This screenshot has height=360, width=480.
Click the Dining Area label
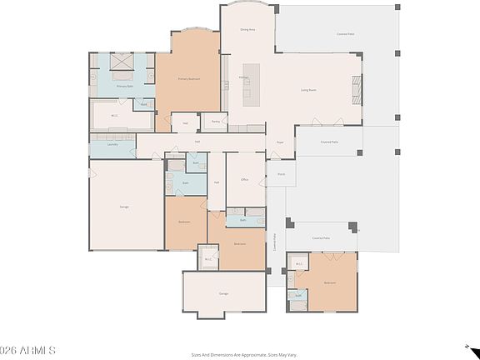click(x=247, y=29)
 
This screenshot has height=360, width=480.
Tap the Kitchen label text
click(x=245, y=77)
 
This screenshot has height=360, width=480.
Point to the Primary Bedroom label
click(x=189, y=79)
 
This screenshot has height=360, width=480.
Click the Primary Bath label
click(x=125, y=86)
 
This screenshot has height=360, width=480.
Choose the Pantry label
click(x=215, y=122)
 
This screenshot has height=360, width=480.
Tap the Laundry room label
click(x=112, y=144)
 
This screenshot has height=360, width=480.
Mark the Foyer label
click(x=280, y=142)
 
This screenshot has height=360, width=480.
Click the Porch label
click(x=281, y=174)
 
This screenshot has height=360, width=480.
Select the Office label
click(x=245, y=179)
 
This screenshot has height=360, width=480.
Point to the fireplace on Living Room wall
click(x=356, y=87)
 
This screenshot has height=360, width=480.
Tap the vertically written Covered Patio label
click(x=276, y=242)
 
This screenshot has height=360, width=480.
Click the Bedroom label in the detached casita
click(x=329, y=282)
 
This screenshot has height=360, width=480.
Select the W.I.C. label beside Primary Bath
click(x=115, y=116)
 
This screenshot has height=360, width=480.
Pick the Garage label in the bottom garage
click(x=223, y=293)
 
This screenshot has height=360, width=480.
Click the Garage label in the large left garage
click(x=123, y=206)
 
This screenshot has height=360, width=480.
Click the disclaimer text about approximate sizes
click(x=243, y=353)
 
